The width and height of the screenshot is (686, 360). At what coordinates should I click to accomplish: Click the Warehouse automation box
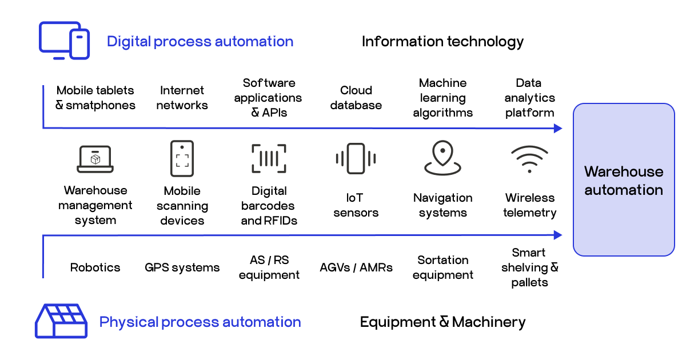[624, 180]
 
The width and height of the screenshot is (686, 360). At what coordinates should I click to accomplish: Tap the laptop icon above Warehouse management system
[95, 159]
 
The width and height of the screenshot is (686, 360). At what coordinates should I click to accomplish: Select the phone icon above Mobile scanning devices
[182, 158]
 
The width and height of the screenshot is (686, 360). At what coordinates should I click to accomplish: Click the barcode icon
[269, 158]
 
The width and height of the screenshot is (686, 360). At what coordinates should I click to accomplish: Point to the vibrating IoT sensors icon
[356, 158]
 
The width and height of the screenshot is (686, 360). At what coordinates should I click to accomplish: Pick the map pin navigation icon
[442, 158]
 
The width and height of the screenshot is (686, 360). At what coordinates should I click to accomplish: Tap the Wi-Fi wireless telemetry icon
[529, 159]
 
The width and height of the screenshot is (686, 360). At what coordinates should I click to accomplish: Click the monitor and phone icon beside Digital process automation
[64, 41]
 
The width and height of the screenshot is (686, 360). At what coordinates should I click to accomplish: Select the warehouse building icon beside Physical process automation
[61, 321]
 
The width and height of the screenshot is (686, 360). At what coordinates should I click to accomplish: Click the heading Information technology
[442, 41]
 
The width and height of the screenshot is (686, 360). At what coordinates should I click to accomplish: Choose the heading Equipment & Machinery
[442, 322]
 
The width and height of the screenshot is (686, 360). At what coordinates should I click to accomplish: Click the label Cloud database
[356, 98]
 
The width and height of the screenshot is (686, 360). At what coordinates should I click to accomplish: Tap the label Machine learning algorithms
[442, 98]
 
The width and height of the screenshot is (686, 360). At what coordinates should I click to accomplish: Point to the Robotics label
[95, 267]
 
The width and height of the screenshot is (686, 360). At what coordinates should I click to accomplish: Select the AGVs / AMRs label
[356, 267]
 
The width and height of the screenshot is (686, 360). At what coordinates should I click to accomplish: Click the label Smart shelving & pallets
[529, 267]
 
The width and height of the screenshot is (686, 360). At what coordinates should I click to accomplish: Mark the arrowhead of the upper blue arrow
[559, 129]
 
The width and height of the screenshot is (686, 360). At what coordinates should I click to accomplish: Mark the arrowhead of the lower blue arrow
[559, 235]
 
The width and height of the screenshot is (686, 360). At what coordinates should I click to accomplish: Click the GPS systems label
[182, 267]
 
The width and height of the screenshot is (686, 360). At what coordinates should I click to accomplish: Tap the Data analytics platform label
[529, 98]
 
